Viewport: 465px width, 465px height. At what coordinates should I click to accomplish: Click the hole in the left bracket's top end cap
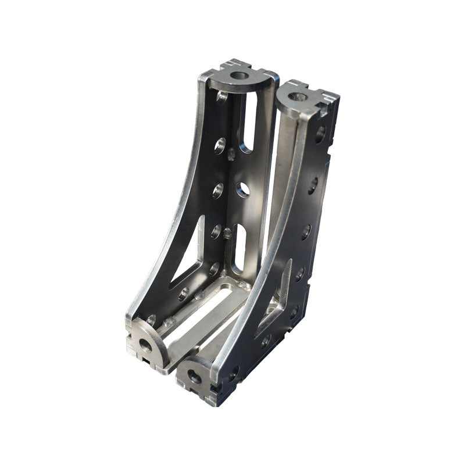click(238, 75)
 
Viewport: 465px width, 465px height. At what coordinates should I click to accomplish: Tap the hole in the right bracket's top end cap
click(298, 96)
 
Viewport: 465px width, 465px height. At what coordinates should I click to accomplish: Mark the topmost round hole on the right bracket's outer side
click(320, 134)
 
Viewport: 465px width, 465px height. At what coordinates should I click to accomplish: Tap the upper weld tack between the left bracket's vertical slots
click(231, 154)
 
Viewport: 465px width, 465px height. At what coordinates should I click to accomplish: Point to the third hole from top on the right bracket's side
click(306, 232)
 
